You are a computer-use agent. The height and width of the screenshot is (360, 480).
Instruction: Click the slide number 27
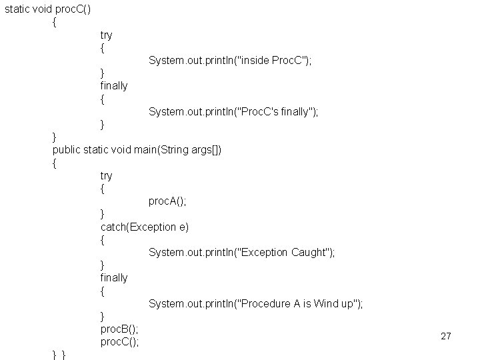[446, 336]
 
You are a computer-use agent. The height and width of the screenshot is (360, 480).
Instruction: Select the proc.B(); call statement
[119, 329]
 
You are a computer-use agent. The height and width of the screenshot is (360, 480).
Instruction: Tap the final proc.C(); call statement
[119, 342]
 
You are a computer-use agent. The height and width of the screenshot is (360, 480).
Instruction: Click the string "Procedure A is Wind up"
[301, 303]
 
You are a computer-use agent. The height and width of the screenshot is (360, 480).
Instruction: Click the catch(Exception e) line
[145, 227]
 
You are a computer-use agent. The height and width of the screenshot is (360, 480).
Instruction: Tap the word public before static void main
[67, 149]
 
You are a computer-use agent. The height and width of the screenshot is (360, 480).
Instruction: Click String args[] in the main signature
[198, 149]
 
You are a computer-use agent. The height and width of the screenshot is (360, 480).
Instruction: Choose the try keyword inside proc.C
[107, 35]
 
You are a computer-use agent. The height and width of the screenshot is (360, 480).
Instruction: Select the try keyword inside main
[107, 175]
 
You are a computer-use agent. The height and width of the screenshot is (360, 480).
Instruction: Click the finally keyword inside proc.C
[114, 86]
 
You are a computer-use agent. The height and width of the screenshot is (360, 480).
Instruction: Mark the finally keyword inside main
[114, 277]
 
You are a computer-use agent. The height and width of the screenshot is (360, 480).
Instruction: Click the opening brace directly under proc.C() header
[55, 22]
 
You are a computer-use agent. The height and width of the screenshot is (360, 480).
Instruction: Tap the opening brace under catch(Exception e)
[103, 239]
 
